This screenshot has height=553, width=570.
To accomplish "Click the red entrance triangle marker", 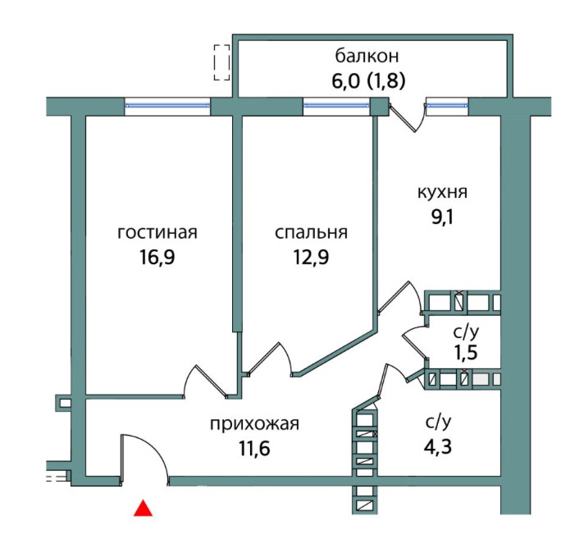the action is coord(144,509).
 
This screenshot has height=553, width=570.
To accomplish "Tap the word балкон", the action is coord(367,57).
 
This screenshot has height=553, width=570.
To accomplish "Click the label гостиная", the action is coord(157,232).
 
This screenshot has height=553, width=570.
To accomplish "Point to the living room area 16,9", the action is coord(157,258).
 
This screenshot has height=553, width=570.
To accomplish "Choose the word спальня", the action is coord(311,232).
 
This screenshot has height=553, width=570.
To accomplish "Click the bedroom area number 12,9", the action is coord(311,258).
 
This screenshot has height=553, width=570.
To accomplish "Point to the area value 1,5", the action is coord(465,354).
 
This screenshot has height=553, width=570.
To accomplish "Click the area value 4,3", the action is coord(438,449).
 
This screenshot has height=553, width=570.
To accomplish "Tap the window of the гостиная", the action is coord(167,105).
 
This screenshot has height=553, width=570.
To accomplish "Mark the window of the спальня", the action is coord(336,105).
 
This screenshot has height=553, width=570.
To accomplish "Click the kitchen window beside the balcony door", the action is coord(446,105).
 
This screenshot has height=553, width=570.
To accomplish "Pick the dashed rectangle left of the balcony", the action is coord(221,62).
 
